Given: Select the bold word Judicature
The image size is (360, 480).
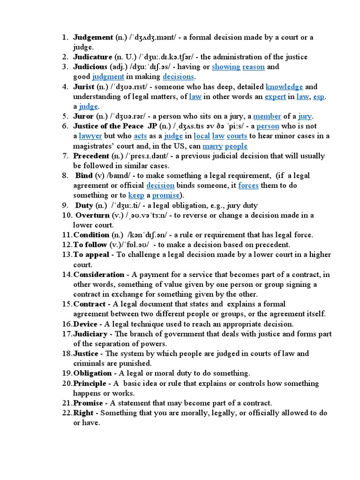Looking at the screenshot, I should tap(92, 57).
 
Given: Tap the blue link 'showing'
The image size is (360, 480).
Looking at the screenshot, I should tap(226, 67).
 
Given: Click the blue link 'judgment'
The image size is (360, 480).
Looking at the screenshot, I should tap(108, 76).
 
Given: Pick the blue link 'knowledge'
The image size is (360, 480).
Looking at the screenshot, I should tap(284, 86).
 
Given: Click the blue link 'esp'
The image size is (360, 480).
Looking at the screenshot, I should tap(319, 97).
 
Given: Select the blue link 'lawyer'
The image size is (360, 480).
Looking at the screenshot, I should tap(90, 136).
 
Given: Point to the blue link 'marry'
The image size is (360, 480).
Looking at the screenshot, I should tap(212, 146).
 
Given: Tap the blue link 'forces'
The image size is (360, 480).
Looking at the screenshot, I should tap(248, 185).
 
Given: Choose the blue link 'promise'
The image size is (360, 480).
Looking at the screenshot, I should tap(166, 195).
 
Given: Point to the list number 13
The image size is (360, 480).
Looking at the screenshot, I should tap(66, 255).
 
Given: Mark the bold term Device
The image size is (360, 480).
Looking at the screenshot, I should tap(85, 324).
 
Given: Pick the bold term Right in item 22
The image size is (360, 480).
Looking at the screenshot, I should tap(83, 413).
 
